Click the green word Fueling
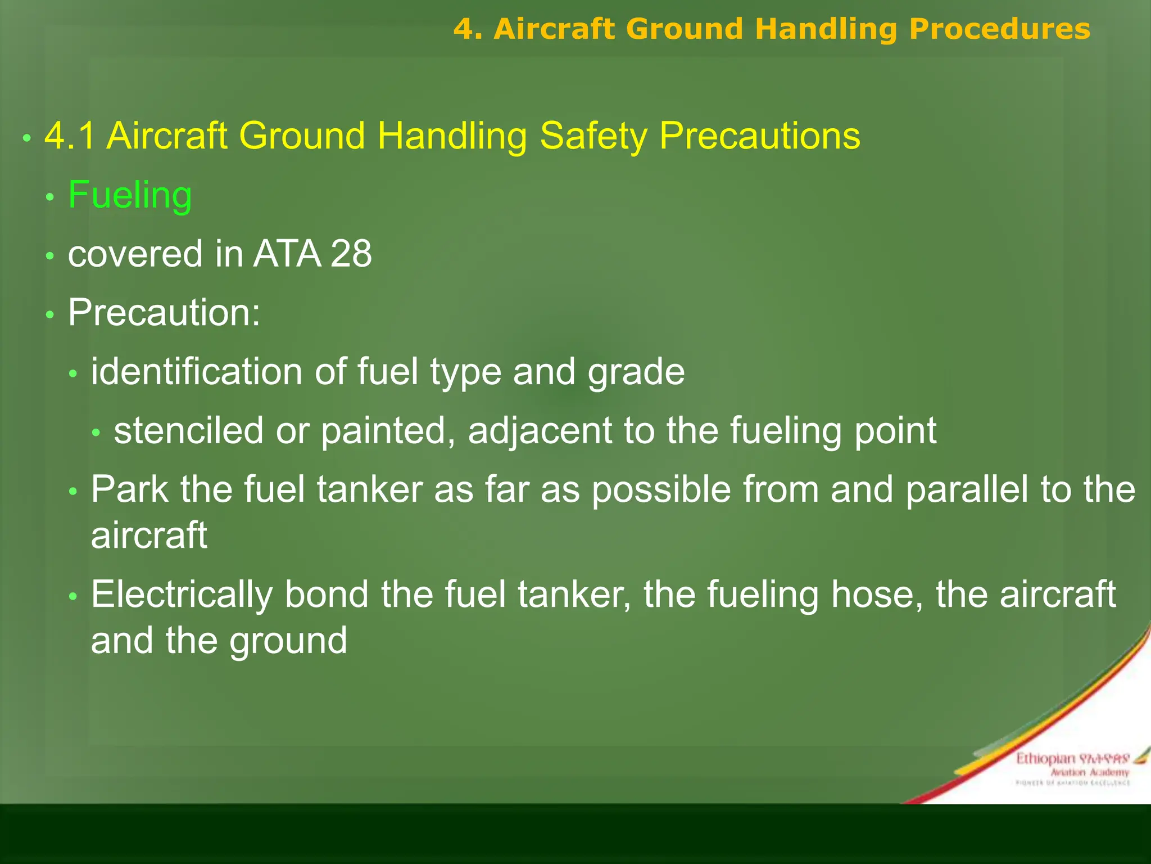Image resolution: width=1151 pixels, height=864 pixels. click(130, 196)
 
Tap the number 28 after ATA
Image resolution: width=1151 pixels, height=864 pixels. click(351, 254)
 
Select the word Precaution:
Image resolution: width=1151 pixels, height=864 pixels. click(164, 313)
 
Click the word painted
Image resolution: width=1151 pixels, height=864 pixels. click(388, 431)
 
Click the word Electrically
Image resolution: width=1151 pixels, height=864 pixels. click(182, 595)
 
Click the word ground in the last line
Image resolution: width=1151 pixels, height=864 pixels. click(288, 642)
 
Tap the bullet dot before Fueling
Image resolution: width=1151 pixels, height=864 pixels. click(50, 197)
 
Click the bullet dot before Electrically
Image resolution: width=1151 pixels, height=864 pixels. click(73, 597)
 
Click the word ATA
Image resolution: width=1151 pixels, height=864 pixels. click(287, 254)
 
